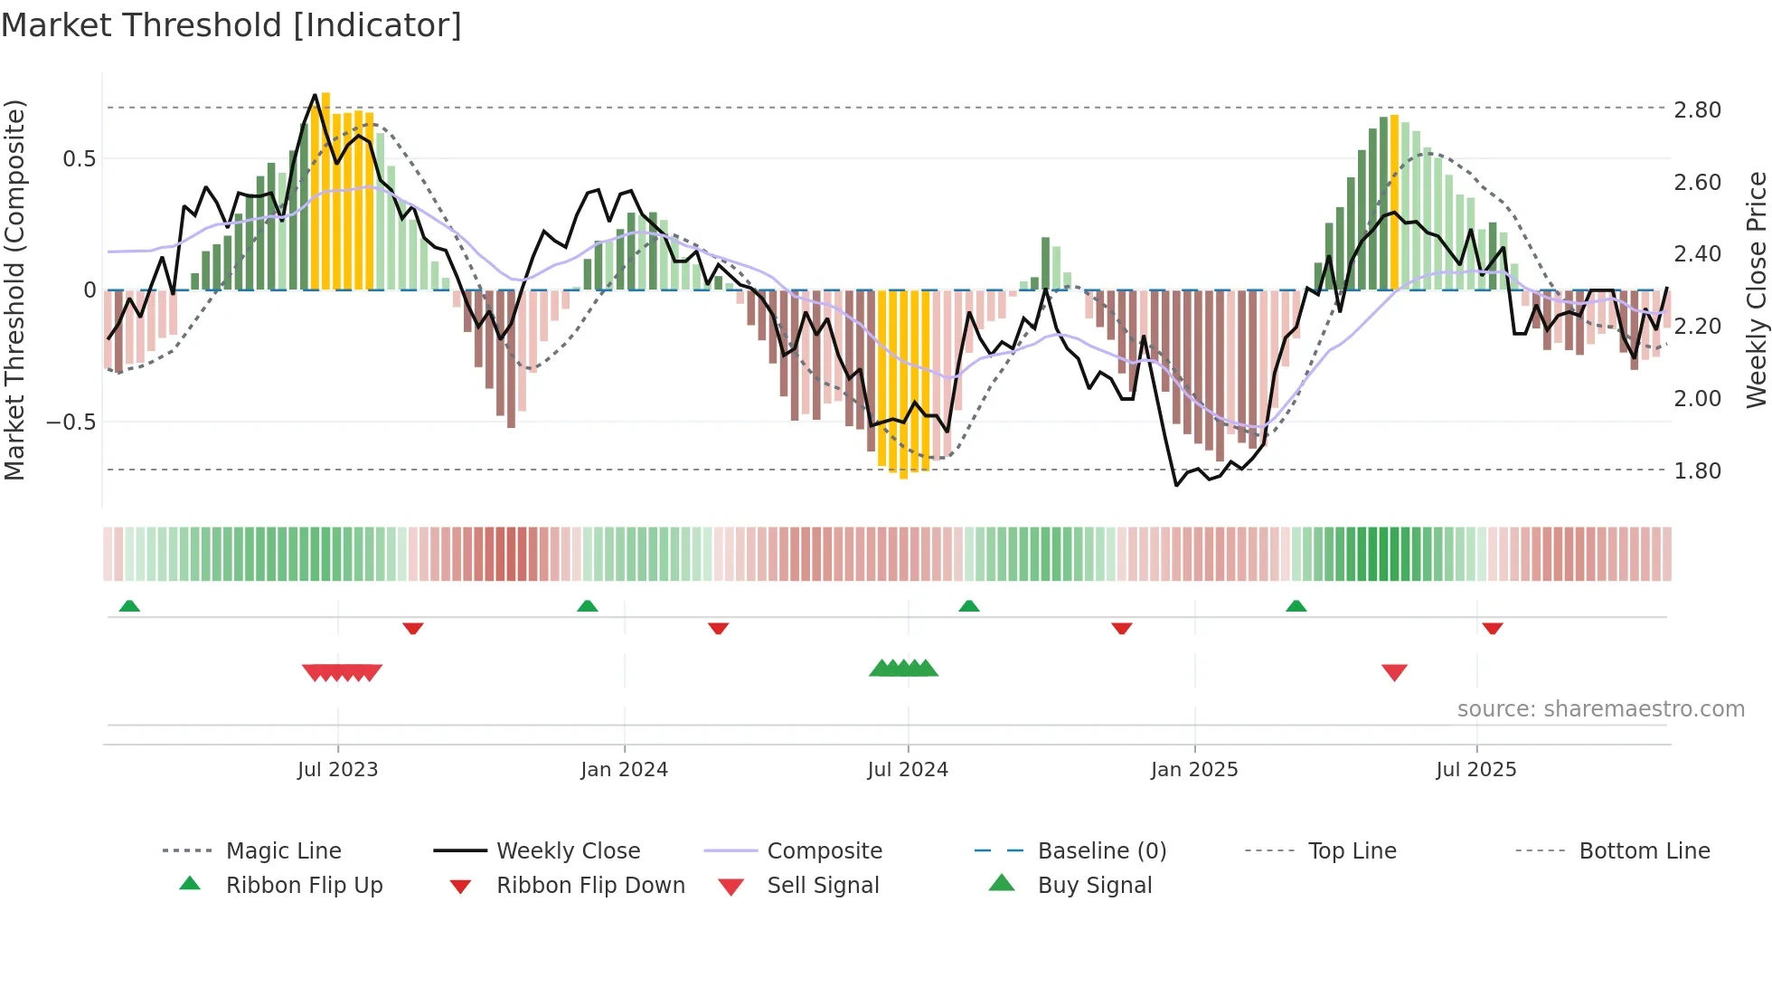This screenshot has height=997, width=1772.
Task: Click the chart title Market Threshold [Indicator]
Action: pyautogui.click(x=231, y=25)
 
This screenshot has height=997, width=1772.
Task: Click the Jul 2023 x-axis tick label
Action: pyautogui.click(x=337, y=770)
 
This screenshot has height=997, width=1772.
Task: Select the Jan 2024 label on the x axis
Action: pyautogui.click(x=624, y=770)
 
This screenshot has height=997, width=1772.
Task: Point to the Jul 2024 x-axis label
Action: pyautogui.click(x=908, y=770)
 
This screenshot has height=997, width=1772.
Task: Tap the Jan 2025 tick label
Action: pyautogui.click(x=1194, y=770)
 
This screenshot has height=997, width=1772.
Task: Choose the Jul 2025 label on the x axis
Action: pyautogui.click(x=1476, y=770)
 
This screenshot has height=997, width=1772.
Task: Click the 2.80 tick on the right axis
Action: pyautogui.click(x=1697, y=110)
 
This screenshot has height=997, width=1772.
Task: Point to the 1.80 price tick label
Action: pyautogui.click(x=1697, y=471)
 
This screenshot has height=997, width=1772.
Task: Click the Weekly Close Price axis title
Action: pyautogui.click(x=1756, y=290)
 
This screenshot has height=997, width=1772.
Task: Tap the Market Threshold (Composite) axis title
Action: pyautogui.click(x=14, y=290)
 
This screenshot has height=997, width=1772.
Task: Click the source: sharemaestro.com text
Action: pyautogui.click(x=1600, y=709)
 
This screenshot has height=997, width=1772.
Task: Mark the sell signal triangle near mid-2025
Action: pyautogui.click(x=1394, y=672)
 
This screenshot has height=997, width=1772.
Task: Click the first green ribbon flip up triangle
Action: pyautogui.click(x=129, y=605)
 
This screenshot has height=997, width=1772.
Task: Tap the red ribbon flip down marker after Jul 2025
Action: pyautogui.click(x=1493, y=628)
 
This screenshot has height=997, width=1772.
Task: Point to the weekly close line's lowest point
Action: pyautogui.click(x=1177, y=486)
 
